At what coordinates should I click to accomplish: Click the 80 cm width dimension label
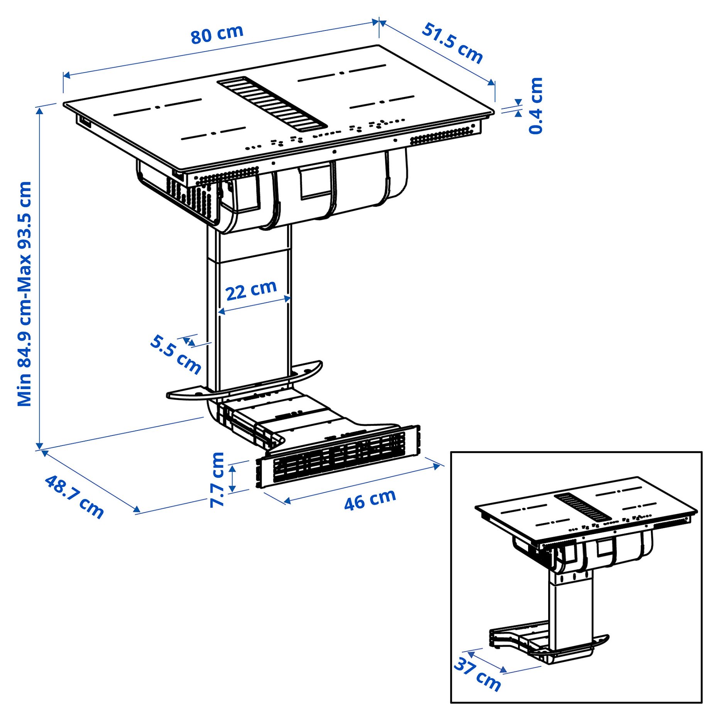(217, 34)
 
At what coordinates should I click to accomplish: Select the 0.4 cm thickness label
(536, 105)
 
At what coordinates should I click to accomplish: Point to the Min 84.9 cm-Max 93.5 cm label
(24, 293)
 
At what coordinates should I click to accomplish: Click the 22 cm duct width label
(251, 290)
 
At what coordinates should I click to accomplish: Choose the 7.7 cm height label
(217, 479)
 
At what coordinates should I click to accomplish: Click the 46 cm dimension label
(370, 500)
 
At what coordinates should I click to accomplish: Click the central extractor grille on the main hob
(272, 103)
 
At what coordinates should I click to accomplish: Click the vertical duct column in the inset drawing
(571, 614)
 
